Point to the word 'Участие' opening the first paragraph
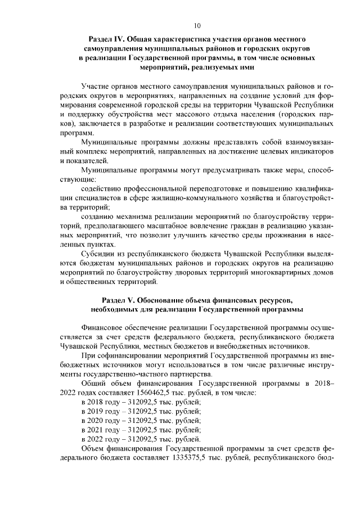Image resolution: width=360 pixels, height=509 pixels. tap(95, 88)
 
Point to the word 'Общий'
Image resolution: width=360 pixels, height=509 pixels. tap(93, 384)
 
